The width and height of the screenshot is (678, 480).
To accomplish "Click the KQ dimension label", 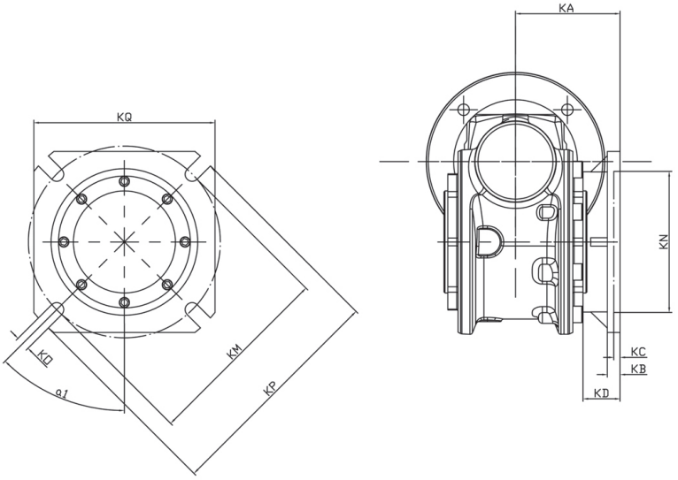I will pyautogui.click(x=124, y=117).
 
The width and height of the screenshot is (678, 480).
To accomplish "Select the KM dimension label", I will pyautogui.click(x=235, y=353).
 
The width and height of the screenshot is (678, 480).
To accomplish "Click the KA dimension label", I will pyautogui.click(x=567, y=8).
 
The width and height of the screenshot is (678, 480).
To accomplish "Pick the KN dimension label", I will pyautogui.click(x=663, y=240).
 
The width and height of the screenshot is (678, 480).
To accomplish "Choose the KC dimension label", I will pyautogui.click(x=639, y=351).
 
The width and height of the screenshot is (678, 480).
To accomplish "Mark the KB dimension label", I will pyautogui.click(x=639, y=368).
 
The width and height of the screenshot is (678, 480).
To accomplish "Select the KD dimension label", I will pyautogui.click(x=601, y=392).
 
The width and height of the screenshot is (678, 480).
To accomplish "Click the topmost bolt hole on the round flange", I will pyautogui.click(x=124, y=181).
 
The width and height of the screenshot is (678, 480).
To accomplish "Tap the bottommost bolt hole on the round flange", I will pyautogui.click(x=124, y=302).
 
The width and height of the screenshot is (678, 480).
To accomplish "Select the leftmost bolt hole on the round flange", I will pyautogui.click(x=63, y=241).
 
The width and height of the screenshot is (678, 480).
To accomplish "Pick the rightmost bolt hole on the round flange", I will pyautogui.click(x=184, y=241).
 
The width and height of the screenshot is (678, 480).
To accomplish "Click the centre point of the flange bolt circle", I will pyautogui.click(x=124, y=241).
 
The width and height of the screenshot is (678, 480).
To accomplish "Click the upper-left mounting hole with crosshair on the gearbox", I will pyautogui.click(x=462, y=110).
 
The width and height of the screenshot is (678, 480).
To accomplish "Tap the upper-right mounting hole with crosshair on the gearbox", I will pyautogui.click(x=566, y=110).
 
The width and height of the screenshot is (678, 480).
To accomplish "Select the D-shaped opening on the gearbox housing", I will pyautogui.click(x=489, y=238).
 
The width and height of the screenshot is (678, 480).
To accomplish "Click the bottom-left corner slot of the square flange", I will pyautogui.click(x=53, y=310).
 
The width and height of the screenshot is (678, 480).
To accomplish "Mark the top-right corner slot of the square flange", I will pyautogui.click(x=195, y=171).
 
